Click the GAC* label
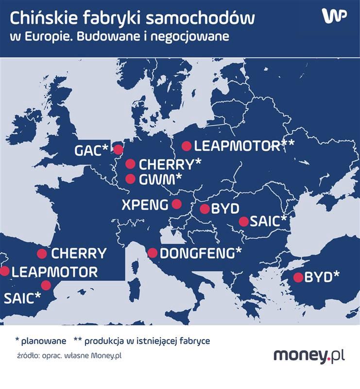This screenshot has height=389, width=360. [91, 150]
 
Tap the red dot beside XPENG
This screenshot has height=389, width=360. [176, 204]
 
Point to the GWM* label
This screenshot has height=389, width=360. [161, 179]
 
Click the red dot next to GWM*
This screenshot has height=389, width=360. [130, 179]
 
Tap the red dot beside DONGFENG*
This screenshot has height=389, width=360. [152, 253]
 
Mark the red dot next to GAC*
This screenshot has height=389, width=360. [118, 150]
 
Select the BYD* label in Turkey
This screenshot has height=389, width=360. [322, 278]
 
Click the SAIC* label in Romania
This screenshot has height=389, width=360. [269, 222]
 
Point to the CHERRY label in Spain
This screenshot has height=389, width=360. [79, 253]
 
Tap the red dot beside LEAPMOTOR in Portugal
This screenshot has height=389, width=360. [5, 271]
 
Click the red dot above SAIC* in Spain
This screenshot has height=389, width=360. [46, 285]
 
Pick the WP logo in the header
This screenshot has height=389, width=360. [334, 16]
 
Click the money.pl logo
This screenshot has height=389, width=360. [309, 355]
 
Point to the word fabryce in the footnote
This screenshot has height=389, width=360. [195, 341]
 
